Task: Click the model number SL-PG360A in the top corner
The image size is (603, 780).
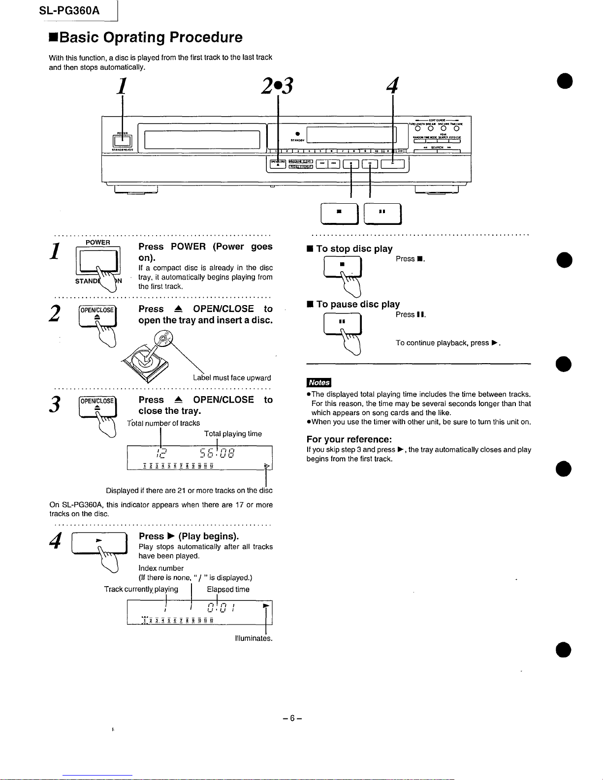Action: tap(69, 9)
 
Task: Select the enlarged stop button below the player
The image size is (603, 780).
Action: tap(339, 212)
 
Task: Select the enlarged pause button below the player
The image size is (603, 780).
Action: tap(382, 212)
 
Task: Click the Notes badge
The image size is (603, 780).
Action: tap(319, 382)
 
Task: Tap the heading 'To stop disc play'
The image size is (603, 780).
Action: tap(354, 249)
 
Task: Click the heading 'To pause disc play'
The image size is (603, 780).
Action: tap(358, 304)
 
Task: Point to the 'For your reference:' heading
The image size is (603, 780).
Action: tap(349, 439)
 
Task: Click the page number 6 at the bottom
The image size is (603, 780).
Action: tap(292, 718)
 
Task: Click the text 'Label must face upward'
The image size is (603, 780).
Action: tap(232, 378)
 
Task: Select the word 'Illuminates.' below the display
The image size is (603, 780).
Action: tap(254, 638)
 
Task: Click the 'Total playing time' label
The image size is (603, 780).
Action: tap(233, 434)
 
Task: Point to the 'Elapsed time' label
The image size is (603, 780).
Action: tap(228, 589)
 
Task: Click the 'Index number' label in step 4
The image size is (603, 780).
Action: tap(161, 568)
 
